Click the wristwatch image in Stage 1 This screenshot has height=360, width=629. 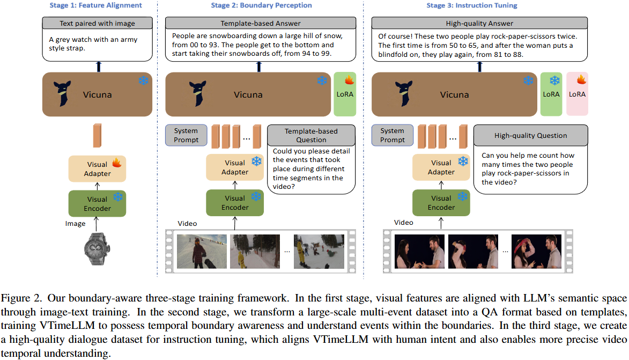pos(97,248)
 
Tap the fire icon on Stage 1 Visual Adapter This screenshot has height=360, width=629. pos(116,163)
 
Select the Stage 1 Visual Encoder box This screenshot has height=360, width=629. pos(97,203)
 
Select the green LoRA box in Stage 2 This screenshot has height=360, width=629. pos(345,94)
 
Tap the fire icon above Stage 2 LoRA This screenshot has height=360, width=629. pos(349,80)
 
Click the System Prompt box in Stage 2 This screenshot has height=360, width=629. pos(186,135)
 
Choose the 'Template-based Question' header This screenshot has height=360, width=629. pos(311,135)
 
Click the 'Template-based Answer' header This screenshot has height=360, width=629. pos(261,24)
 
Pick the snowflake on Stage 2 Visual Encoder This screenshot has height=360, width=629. pos(256,197)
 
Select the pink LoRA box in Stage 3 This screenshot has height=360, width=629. pos(577,94)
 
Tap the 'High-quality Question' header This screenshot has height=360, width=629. pos(530,136)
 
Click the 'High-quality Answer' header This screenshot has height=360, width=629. pos(479,24)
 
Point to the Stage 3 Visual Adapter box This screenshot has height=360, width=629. pos(441,167)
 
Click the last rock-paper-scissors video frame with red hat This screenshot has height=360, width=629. pos(535,251)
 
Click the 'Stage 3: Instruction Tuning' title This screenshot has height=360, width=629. pos(471,5)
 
